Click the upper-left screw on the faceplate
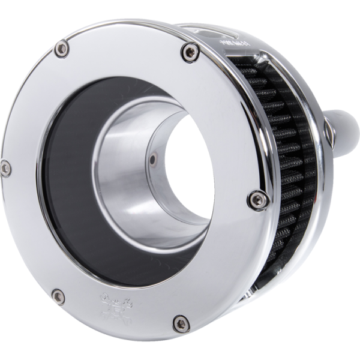tap(61, 49)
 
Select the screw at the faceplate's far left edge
tap(5, 169)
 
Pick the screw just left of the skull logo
tap(58, 295)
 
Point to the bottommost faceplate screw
tap(180, 325)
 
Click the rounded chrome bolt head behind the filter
tap(343, 126)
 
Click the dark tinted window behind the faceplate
tap(66, 180)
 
